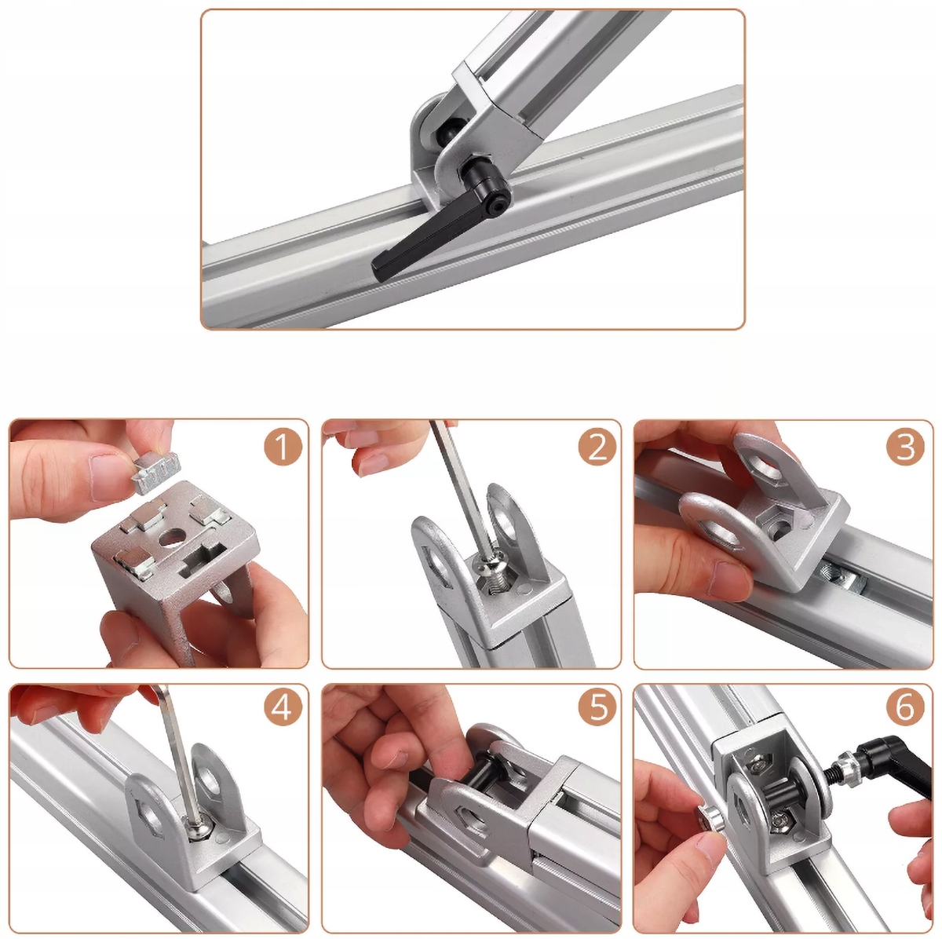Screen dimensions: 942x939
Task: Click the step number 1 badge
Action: tap(282, 447)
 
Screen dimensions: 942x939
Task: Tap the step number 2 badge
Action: tap(597, 447)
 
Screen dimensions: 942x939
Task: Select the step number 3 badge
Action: tap(905, 447)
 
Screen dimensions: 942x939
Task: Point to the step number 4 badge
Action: tap(282, 707)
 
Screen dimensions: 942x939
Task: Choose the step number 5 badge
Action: tap(597, 707)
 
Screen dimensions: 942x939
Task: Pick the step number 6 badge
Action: tap(905, 707)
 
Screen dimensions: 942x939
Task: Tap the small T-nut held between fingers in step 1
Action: tap(156, 472)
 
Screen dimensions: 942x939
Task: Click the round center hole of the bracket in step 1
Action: tap(170, 538)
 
